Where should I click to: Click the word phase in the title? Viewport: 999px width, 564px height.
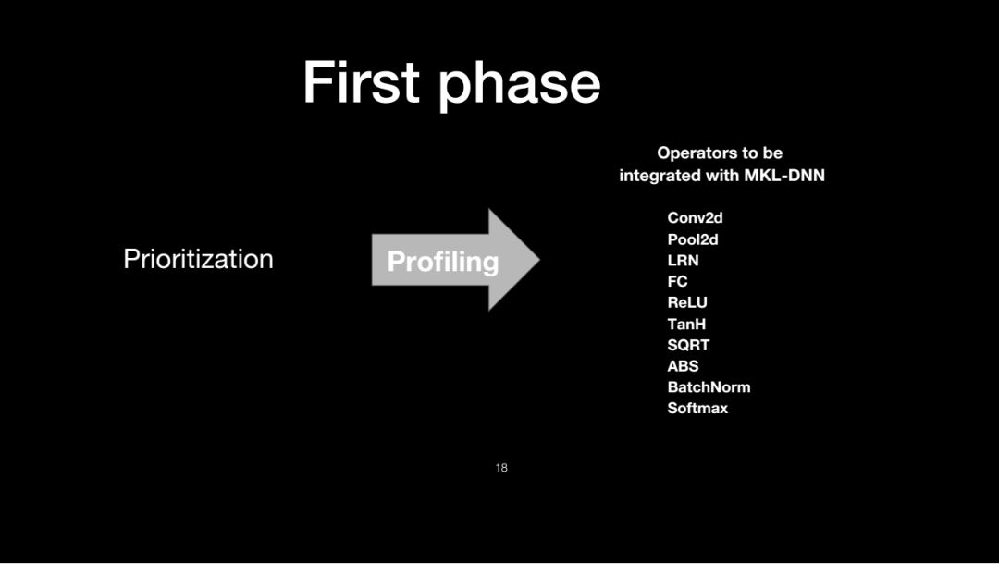519,86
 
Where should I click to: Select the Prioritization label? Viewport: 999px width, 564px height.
198,259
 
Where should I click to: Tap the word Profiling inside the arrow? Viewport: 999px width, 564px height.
443,262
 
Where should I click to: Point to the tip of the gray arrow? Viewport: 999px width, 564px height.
539,260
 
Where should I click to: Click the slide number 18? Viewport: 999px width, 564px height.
501,468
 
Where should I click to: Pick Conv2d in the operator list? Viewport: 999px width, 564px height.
695,217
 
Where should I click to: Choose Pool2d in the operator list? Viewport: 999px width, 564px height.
693,239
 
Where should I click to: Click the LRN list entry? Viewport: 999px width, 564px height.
683,261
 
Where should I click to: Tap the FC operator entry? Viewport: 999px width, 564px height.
678,281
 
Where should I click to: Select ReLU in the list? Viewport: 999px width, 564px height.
687,302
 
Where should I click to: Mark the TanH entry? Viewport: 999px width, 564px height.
686,324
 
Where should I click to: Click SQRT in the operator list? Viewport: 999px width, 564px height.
689,345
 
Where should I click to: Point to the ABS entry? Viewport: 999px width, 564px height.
683,366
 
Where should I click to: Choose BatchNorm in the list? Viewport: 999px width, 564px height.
709,387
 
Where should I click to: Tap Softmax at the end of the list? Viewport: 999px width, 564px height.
697,408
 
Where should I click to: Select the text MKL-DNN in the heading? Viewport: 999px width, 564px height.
784,175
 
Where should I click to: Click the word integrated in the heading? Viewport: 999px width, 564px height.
660,176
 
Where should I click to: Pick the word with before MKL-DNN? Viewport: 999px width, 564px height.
722,175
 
